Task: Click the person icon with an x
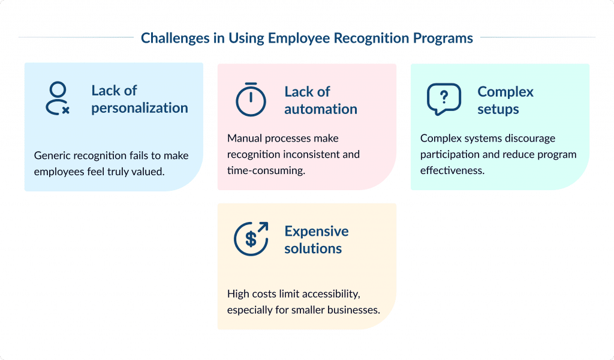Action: [x=58, y=99]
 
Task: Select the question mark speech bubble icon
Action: [x=444, y=99]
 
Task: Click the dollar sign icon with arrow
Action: [x=251, y=239]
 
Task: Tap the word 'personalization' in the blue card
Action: [x=140, y=108]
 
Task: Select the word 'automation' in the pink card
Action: [x=321, y=109]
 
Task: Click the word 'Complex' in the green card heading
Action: [x=505, y=92]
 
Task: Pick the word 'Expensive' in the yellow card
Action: [x=317, y=231]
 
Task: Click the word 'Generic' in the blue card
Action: [x=52, y=155]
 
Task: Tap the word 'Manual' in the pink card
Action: [x=244, y=138]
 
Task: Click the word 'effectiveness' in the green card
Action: [x=450, y=170]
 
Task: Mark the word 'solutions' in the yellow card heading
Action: [x=313, y=248]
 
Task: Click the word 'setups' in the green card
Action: [x=498, y=109]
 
